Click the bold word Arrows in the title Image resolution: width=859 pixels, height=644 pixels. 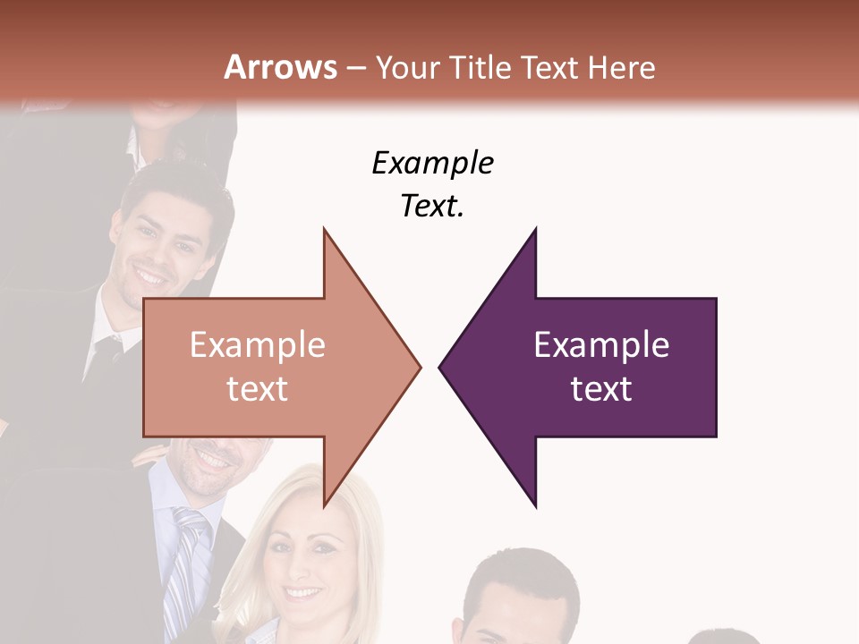click(281, 67)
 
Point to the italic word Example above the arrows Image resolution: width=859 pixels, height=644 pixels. click(433, 163)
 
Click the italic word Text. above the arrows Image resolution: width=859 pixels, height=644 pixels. click(433, 206)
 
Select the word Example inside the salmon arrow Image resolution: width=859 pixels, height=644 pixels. click(258, 344)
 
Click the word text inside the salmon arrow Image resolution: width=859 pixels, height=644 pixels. click(258, 388)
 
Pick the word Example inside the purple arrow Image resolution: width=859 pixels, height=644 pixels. click(601, 344)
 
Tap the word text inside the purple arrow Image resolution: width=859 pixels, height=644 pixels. click(601, 388)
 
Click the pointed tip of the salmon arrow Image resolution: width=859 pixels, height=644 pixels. click(420, 366)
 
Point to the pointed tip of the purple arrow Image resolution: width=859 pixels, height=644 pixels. click(440, 366)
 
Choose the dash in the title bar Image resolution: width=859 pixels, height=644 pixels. click(355, 68)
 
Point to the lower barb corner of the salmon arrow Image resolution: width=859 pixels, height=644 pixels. click(324, 506)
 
